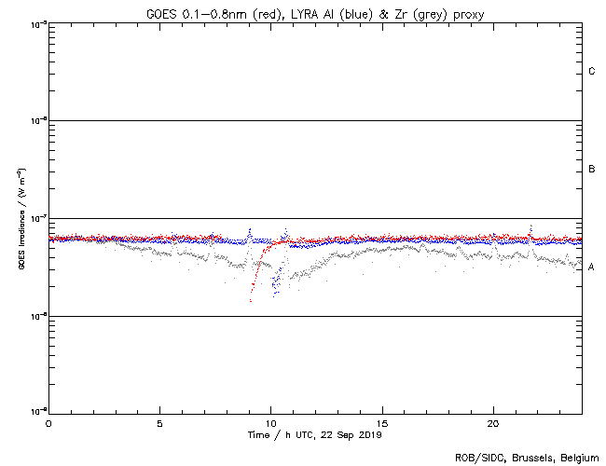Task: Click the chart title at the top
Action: coord(314,13)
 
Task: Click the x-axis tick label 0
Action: coord(48,422)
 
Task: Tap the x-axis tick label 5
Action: coord(159,422)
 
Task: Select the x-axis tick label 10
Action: coord(270,422)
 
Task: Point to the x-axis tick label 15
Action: coord(382,422)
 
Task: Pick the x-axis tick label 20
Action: coord(493,422)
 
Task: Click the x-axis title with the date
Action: coord(314,434)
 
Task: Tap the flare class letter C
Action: coord(592,72)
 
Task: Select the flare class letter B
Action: coord(592,170)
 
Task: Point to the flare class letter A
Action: coord(592,267)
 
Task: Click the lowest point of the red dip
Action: coord(251,300)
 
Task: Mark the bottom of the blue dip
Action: coord(273,295)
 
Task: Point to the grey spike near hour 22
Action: coord(530,226)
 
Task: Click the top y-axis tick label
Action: coord(36,23)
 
